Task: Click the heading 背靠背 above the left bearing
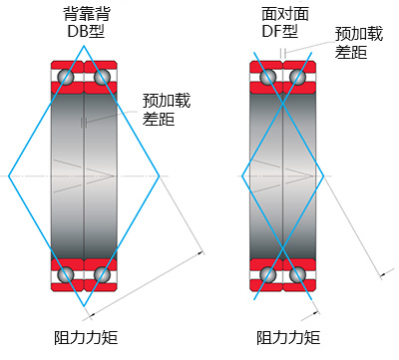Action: (85, 14)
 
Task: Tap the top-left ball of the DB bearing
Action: (66, 76)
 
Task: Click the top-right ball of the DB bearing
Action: (102, 76)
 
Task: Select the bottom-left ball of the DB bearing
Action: (66, 274)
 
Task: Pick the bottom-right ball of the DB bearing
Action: (102, 274)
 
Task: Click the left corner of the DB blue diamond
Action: (9, 176)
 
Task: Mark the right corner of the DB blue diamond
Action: (160, 176)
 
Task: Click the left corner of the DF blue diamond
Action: (242, 176)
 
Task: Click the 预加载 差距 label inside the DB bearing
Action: (161, 110)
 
